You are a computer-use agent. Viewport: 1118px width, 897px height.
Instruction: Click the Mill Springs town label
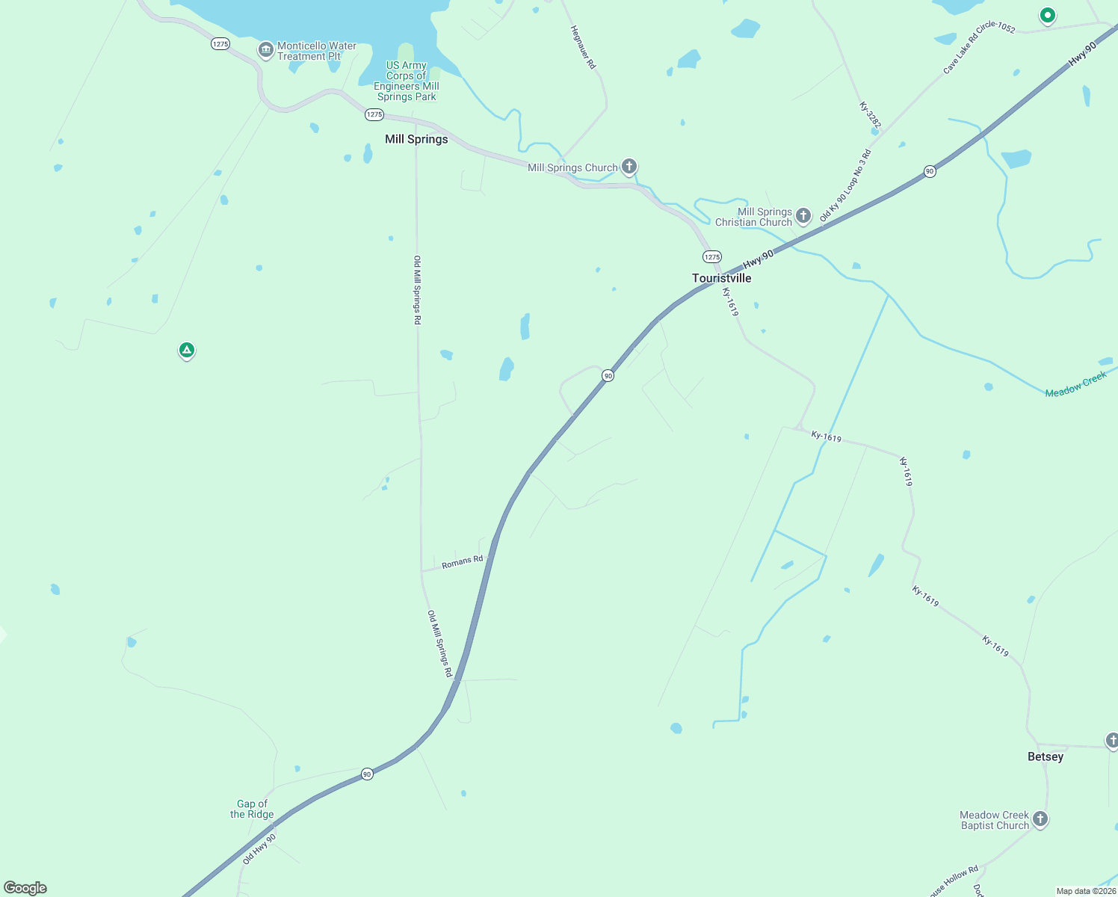click(416, 139)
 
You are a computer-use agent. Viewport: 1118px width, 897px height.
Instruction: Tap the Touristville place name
click(721, 278)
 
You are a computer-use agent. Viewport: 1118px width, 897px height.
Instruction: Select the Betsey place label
click(1045, 756)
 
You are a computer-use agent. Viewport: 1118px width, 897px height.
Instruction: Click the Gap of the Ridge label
click(252, 809)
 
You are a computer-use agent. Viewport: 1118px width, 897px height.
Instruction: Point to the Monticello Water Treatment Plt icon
click(265, 50)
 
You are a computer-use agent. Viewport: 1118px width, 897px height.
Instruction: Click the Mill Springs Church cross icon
click(629, 166)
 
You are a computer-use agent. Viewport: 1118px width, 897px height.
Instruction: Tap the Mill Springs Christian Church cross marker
click(803, 216)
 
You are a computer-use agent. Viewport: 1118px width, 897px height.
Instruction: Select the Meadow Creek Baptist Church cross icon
click(1040, 819)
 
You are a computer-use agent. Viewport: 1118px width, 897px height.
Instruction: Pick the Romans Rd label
click(462, 562)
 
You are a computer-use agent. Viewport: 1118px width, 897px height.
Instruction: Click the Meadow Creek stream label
click(1075, 384)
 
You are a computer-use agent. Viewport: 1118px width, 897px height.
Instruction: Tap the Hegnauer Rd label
click(583, 48)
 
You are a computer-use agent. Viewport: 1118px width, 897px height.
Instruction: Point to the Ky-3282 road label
click(870, 115)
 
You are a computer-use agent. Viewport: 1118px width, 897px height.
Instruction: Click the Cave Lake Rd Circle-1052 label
click(979, 48)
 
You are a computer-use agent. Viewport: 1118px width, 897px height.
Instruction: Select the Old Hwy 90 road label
click(259, 849)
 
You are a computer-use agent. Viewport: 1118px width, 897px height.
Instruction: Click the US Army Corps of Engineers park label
click(407, 81)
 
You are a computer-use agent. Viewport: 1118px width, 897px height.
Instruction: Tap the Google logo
click(25, 888)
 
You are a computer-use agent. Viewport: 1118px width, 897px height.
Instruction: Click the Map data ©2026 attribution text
click(1086, 891)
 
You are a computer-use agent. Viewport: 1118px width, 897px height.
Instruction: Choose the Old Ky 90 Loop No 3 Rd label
click(845, 185)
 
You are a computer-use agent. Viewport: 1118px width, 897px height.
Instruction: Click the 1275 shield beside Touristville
click(711, 256)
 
